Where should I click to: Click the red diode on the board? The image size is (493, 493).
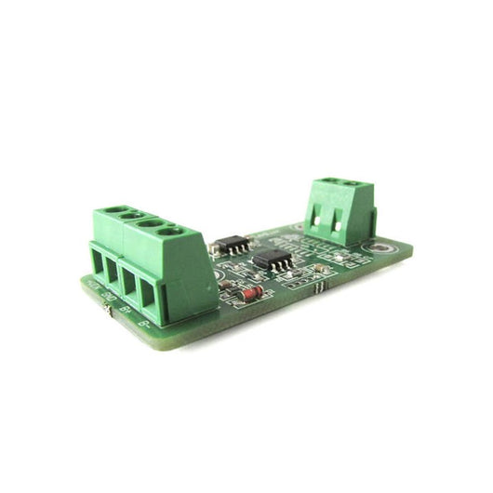(x=250, y=295)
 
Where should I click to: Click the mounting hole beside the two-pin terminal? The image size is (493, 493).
(x=381, y=248)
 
